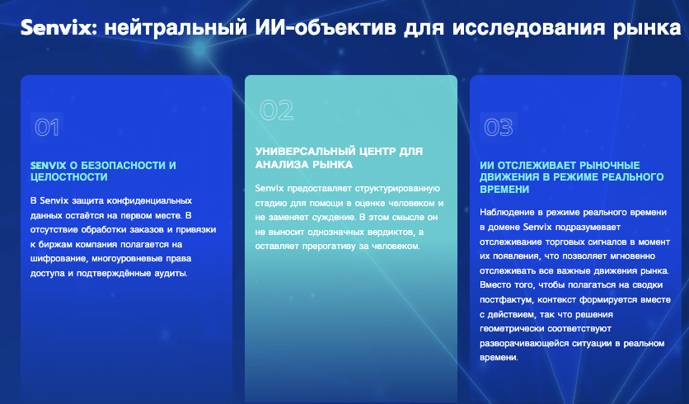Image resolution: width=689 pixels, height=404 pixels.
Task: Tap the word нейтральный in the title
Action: (x=176, y=29)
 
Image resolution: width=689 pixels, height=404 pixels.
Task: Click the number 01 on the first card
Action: (x=47, y=128)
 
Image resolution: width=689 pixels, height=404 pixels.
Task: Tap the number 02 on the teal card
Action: (x=276, y=110)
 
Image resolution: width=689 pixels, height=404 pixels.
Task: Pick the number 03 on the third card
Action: (x=499, y=128)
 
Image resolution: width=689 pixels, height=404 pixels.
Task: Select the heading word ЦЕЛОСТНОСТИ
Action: (x=69, y=177)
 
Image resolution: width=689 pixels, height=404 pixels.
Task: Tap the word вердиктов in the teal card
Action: (x=390, y=233)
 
